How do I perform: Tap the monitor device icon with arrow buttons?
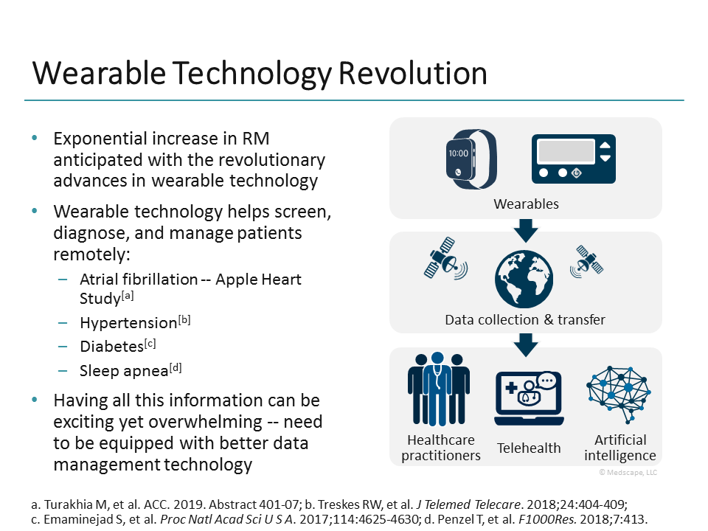click(x=574, y=159)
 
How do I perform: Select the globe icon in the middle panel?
click(x=524, y=279)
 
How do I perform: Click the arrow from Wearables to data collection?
click(x=525, y=231)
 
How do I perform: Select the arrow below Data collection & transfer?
click(x=525, y=344)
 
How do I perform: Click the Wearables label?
click(x=526, y=204)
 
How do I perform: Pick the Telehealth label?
click(x=529, y=448)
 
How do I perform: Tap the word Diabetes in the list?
click(x=111, y=346)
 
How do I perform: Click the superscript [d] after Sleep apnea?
click(x=176, y=367)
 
